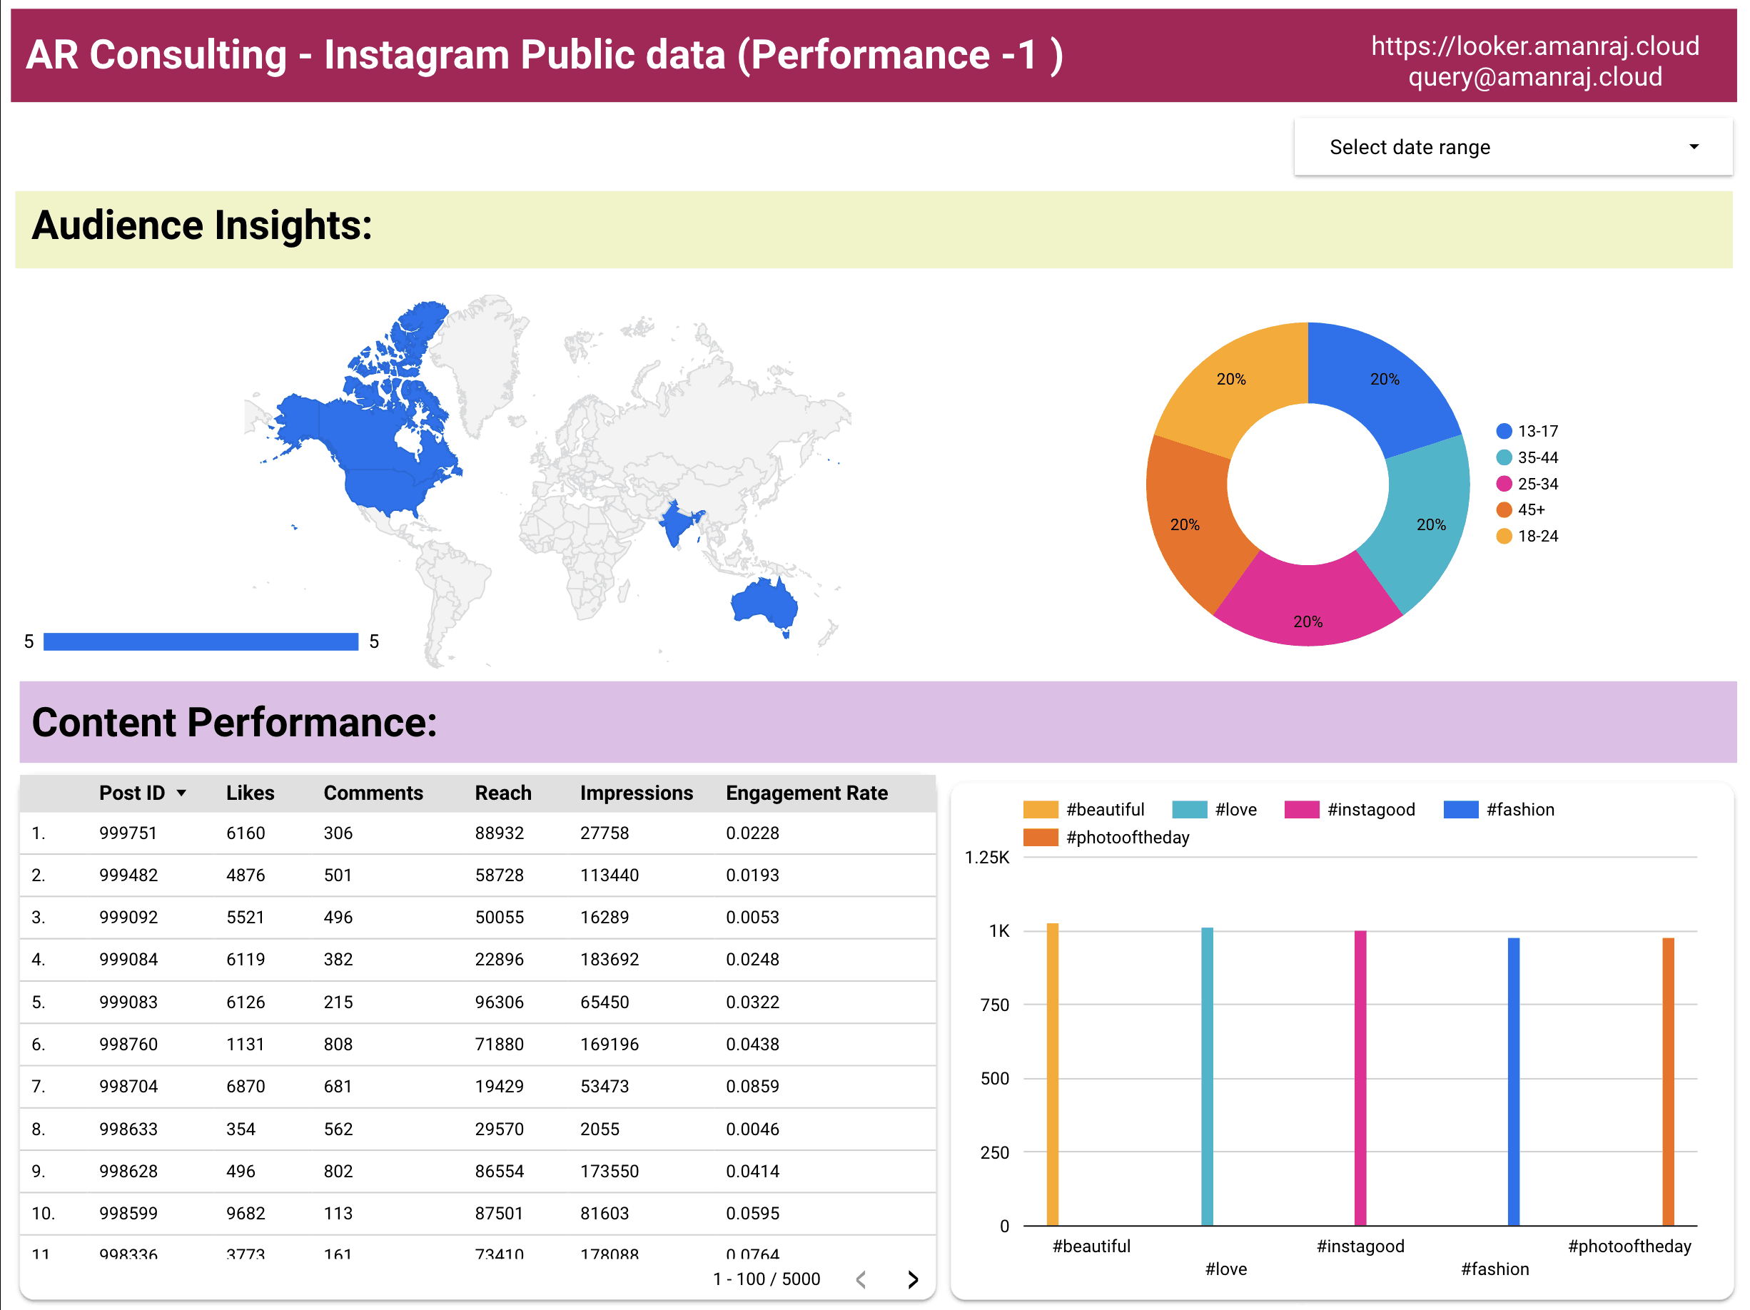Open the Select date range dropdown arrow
(1693, 147)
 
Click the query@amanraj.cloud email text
(1534, 78)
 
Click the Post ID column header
(132, 793)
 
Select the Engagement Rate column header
(806, 793)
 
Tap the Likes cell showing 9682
(246, 1213)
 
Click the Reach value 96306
(499, 1002)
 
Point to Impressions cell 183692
(610, 960)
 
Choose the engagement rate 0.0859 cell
(752, 1086)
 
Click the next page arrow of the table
(912, 1279)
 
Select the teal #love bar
(1206, 1076)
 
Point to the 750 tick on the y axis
(994, 1005)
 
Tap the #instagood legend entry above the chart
(1350, 809)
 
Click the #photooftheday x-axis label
(1629, 1246)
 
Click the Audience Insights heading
(202, 225)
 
